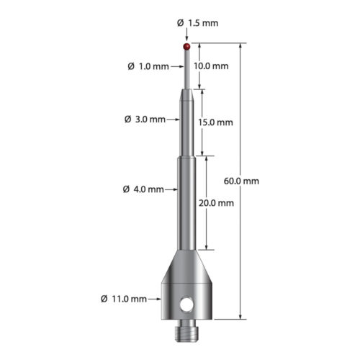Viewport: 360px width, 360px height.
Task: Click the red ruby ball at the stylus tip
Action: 187,47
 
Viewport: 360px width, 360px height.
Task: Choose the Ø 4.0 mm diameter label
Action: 144,190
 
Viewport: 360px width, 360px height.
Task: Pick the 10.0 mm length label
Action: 212,66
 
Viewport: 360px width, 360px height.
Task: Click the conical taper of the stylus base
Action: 187,266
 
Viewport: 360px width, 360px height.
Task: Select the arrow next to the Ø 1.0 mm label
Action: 179,67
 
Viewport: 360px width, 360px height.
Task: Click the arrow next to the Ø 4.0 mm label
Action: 171,190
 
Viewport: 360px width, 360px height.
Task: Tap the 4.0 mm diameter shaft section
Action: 187,209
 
